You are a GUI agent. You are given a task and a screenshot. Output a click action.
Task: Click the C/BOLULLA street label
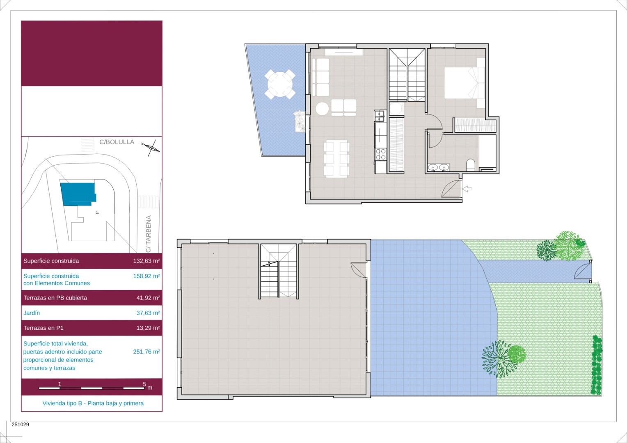[x=117, y=142]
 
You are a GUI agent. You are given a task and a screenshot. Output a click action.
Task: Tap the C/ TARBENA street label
[x=149, y=234]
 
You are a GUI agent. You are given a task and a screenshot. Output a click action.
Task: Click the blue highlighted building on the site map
[x=78, y=194]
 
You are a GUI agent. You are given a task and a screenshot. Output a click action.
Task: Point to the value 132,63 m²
[x=146, y=261]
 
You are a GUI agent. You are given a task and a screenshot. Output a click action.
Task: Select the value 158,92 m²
[x=146, y=276]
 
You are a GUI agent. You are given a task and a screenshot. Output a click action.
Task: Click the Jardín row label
[x=32, y=313]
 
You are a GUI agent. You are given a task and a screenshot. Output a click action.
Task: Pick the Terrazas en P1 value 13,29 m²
[x=148, y=328]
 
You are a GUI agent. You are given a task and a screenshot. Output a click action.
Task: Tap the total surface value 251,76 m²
[x=146, y=352]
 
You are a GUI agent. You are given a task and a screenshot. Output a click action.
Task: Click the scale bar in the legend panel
[x=92, y=388]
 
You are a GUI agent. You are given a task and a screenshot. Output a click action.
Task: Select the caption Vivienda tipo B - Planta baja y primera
[x=93, y=403]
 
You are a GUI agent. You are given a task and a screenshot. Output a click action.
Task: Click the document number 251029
[x=20, y=424]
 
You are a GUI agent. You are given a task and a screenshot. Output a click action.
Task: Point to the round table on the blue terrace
[x=280, y=84]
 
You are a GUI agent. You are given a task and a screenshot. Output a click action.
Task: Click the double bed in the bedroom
[x=465, y=83]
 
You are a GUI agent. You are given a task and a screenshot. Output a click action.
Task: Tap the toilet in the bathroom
[x=471, y=165]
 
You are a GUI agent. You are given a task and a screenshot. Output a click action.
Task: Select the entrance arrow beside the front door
[x=467, y=189]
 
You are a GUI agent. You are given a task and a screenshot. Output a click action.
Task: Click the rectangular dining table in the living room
[x=336, y=159]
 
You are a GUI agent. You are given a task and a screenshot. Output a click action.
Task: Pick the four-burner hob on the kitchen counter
[x=380, y=154]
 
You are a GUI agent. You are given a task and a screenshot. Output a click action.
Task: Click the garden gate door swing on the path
[x=583, y=271]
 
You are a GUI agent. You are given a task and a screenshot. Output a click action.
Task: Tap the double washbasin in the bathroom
[x=439, y=167]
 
